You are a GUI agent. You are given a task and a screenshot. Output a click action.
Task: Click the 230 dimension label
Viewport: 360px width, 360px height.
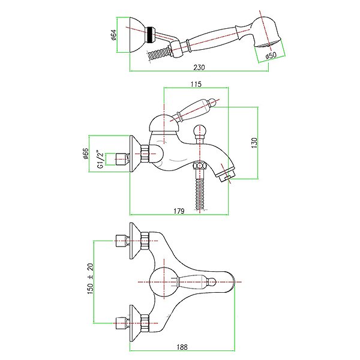pyautogui.click(x=199, y=67)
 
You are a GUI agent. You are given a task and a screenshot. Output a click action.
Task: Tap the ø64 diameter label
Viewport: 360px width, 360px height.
pyautogui.click(x=114, y=35)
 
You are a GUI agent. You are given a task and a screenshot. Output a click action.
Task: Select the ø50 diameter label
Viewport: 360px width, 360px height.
pyautogui.click(x=271, y=56)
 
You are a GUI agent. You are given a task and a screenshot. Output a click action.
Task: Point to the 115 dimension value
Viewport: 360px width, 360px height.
pyautogui.click(x=196, y=84)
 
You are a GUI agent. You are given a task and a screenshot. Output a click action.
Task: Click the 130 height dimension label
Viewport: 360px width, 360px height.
pyautogui.click(x=254, y=143)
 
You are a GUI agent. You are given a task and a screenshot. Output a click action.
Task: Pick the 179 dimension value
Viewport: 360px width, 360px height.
pyautogui.click(x=179, y=211)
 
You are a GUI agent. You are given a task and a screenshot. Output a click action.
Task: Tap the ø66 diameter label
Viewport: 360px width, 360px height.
pyautogui.click(x=85, y=154)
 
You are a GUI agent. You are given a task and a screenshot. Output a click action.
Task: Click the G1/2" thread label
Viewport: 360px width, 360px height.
pyautogui.click(x=101, y=160)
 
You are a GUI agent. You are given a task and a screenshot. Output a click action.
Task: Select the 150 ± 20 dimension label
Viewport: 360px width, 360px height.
pyautogui.click(x=91, y=279)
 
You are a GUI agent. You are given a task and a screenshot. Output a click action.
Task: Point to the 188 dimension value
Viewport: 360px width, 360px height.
pyautogui.click(x=182, y=347)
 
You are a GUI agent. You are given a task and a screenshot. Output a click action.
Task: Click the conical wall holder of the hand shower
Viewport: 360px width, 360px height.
pyautogui.click(x=137, y=35)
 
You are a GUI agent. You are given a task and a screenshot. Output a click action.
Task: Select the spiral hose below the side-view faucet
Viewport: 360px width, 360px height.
pyautogui.click(x=200, y=193)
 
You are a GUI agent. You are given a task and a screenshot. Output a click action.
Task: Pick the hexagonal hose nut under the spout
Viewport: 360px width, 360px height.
pyautogui.click(x=199, y=166)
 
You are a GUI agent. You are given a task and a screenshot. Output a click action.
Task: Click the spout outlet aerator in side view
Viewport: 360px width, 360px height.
pyautogui.click(x=226, y=175)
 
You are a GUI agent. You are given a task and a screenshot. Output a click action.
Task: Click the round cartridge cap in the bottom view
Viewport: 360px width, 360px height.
pyautogui.click(x=164, y=282)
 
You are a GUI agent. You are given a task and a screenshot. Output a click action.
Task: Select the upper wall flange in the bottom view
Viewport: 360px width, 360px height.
pyautogui.click(x=135, y=241)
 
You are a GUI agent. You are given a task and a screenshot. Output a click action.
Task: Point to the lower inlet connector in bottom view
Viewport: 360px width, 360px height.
pyautogui.click(x=122, y=323)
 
